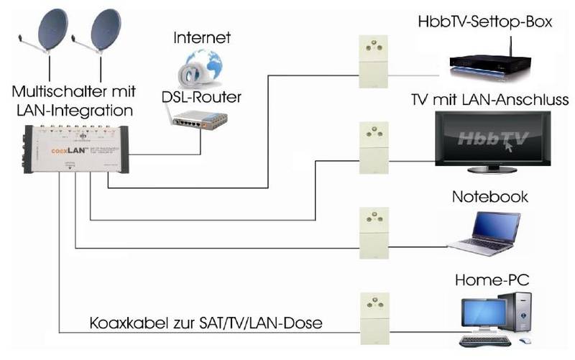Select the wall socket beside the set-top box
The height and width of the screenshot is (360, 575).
(372, 57)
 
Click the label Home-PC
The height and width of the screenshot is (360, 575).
(490, 277)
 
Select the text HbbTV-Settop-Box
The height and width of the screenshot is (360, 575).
(484, 22)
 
